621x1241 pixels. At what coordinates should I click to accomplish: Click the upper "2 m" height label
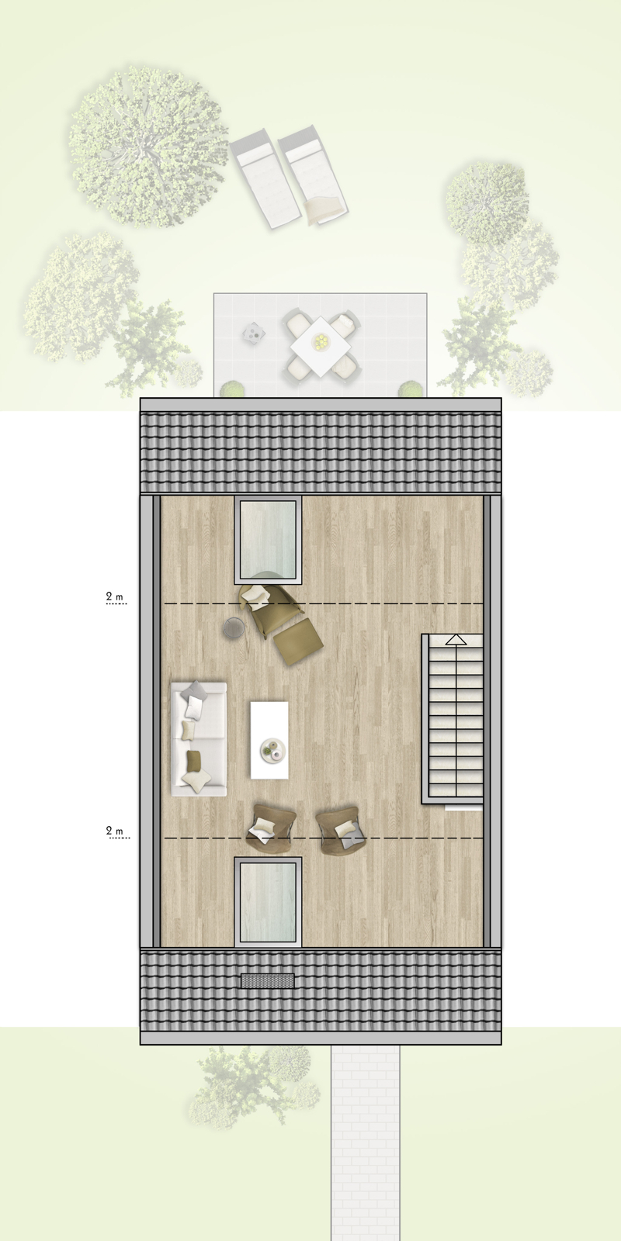[x=115, y=597]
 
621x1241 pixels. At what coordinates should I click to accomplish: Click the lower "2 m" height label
[x=115, y=831]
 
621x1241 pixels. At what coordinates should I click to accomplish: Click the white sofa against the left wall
[x=199, y=738]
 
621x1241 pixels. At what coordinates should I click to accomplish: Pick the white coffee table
[x=270, y=738]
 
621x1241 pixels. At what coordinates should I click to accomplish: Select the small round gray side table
[x=233, y=627]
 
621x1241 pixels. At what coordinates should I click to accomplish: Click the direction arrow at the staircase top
[x=456, y=640]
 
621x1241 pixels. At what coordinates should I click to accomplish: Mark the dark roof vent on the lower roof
[x=268, y=980]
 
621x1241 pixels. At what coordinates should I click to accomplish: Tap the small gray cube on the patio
[x=253, y=334]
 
